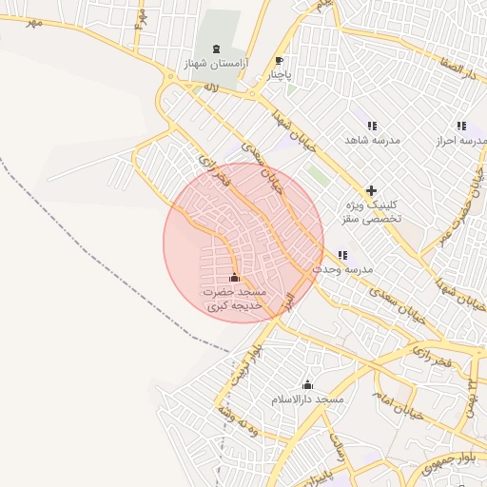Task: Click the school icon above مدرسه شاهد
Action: click(x=372, y=126)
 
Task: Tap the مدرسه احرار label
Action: click(x=460, y=141)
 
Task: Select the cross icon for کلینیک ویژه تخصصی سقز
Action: click(x=371, y=190)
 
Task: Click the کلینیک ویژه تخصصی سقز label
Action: click(x=372, y=211)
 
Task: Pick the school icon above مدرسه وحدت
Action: click(x=342, y=255)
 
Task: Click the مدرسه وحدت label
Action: click(x=341, y=270)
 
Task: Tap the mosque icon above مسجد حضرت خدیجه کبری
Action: click(x=235, y=278)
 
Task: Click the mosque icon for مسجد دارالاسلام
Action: click(x=307, y=385)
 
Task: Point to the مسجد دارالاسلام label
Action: click(x=306, y=400)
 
